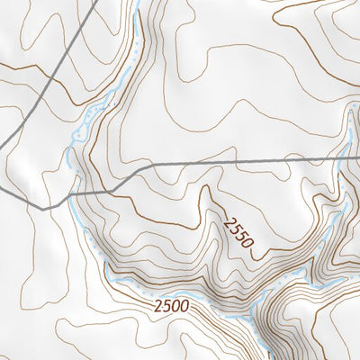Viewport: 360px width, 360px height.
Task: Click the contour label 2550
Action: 238,230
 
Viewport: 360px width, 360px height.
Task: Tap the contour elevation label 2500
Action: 171,306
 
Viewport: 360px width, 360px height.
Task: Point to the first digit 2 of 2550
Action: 226,215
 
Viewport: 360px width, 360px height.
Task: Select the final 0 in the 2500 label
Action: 184,306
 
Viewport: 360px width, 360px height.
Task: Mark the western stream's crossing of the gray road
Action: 70,196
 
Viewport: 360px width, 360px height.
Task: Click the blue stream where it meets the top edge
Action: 140,2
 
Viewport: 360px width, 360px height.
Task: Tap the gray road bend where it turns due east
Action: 137,168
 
